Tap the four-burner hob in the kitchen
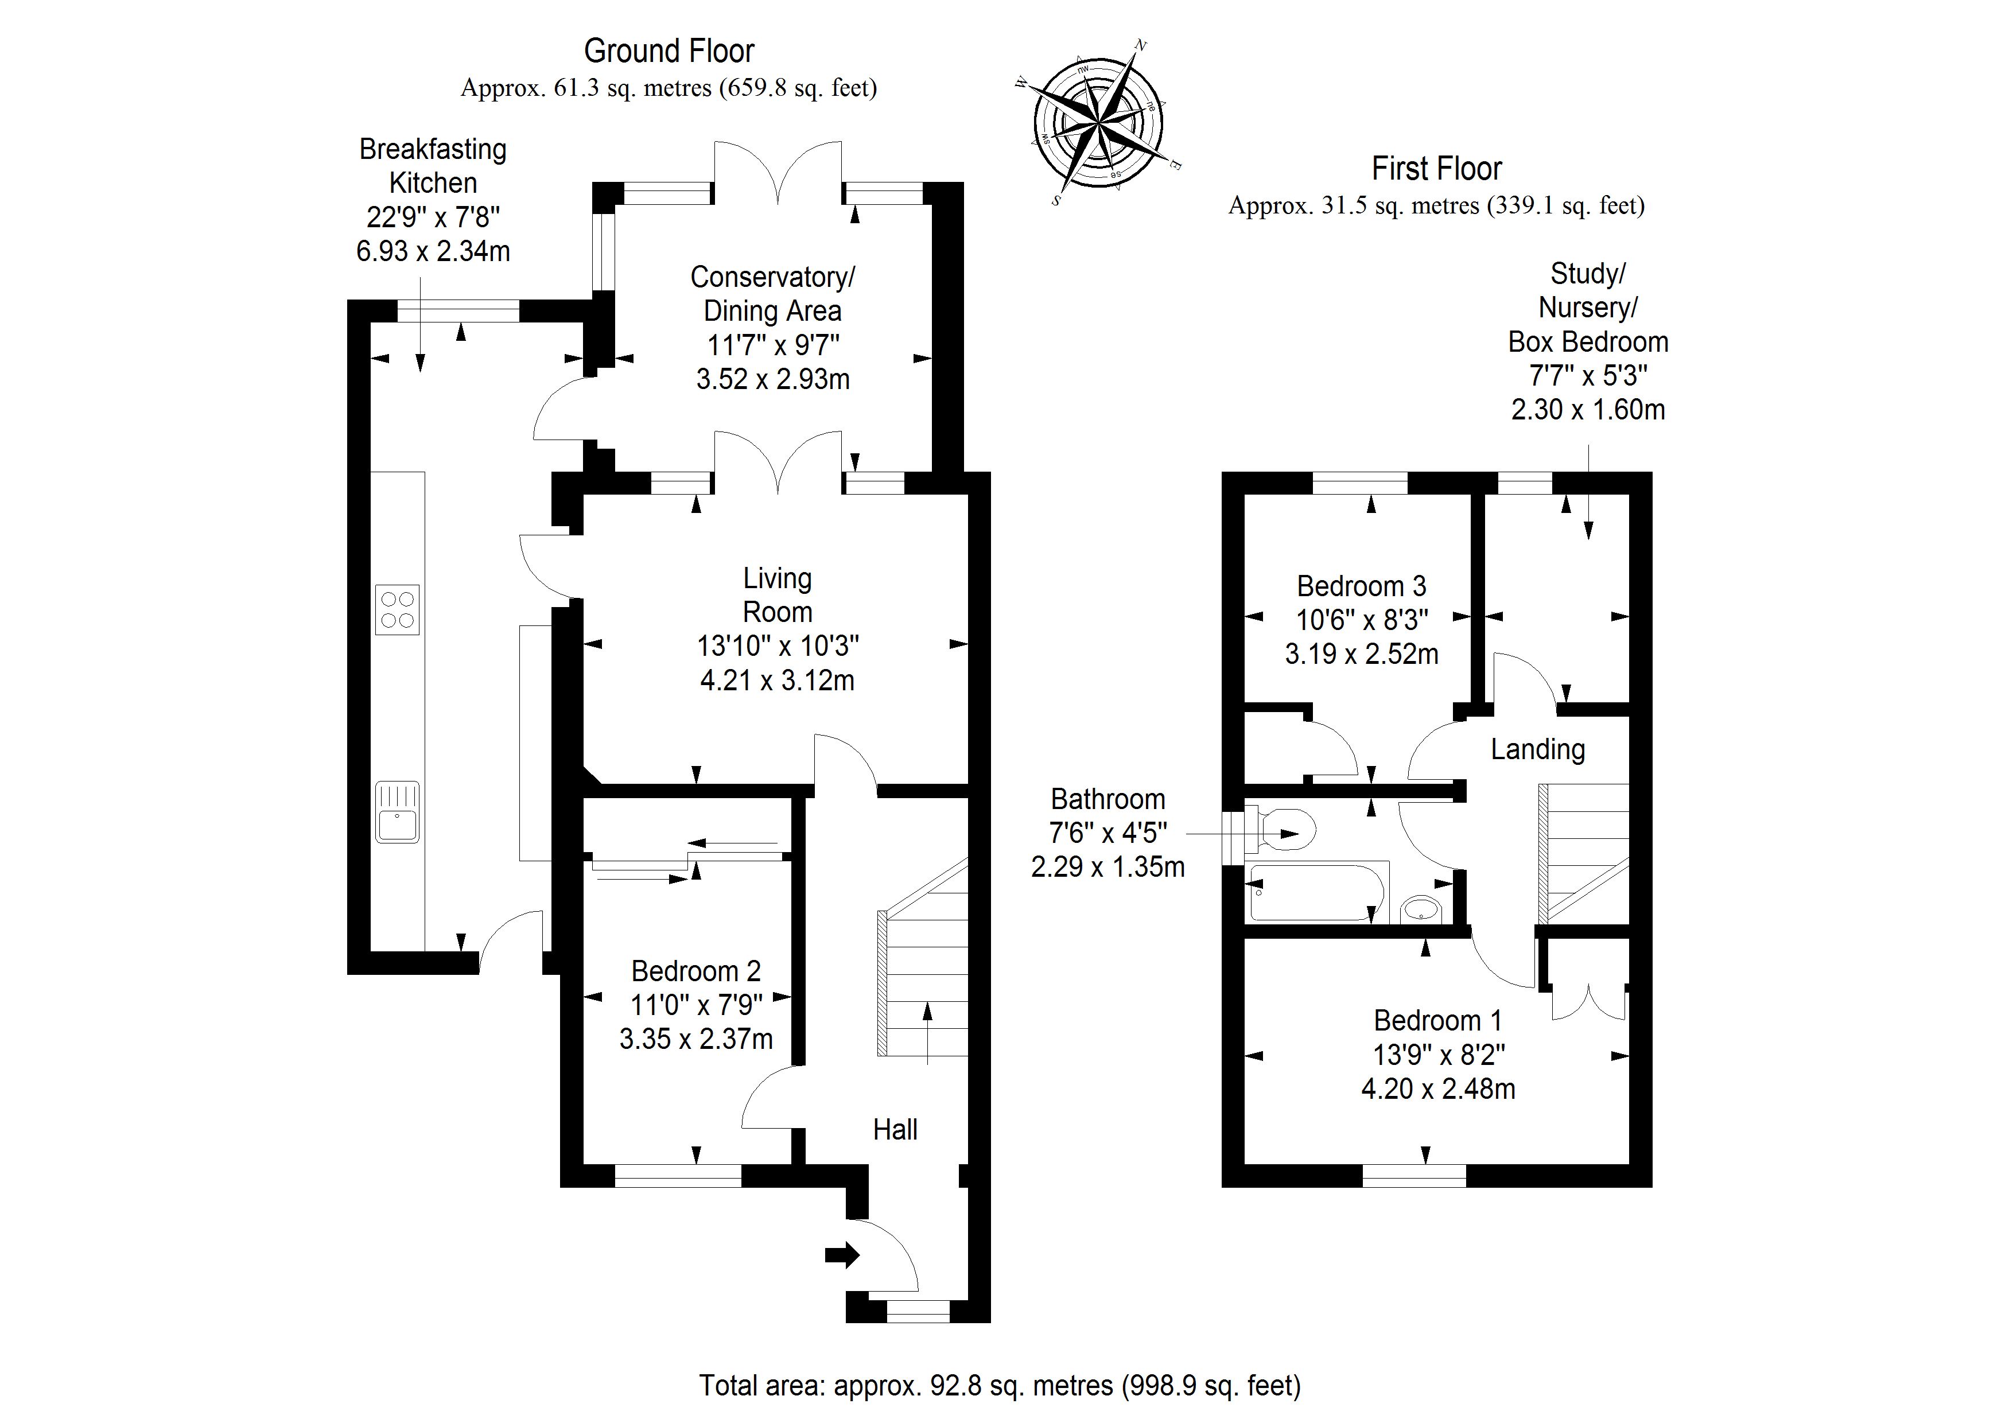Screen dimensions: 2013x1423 pos(397,609)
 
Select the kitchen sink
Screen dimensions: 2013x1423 pos(397,812)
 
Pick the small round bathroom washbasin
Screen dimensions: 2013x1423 pos(1420,909)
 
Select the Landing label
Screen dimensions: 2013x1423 pos(1538,749)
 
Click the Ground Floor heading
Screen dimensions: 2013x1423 pos(669,51)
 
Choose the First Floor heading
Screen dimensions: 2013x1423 pos(1436,168)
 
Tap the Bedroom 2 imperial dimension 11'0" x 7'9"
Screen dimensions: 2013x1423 pos(696,1005)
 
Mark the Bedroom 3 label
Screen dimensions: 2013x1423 pos(1362,586)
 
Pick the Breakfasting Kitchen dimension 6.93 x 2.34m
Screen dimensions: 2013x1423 pos(433,252)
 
